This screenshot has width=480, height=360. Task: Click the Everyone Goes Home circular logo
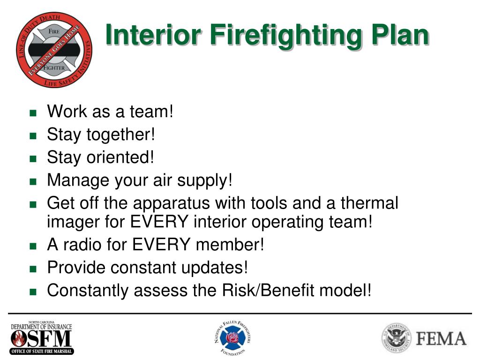pos(54,50)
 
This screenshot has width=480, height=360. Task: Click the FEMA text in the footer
pos(441,338)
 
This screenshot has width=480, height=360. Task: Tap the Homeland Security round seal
pos(396,338)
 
